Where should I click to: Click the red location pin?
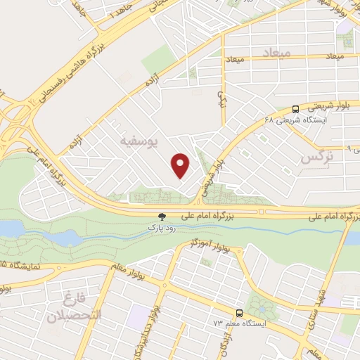[181, 165]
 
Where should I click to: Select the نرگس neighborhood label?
[315, 158]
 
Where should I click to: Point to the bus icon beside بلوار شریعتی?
[295, 109]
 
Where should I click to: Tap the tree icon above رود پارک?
[162, 217]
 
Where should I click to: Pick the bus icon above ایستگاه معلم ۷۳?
[239, 313]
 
